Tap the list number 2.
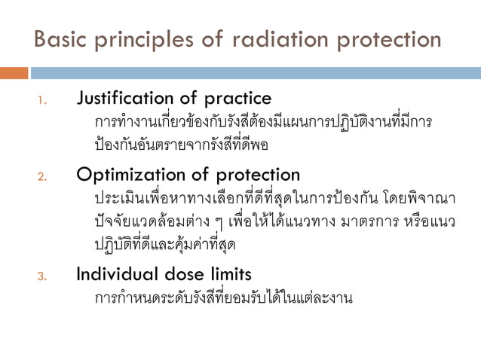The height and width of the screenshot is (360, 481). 43,177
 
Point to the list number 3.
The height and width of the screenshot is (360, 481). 43,276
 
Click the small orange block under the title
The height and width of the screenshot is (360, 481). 14,73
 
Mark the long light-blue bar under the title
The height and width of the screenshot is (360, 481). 256,73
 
